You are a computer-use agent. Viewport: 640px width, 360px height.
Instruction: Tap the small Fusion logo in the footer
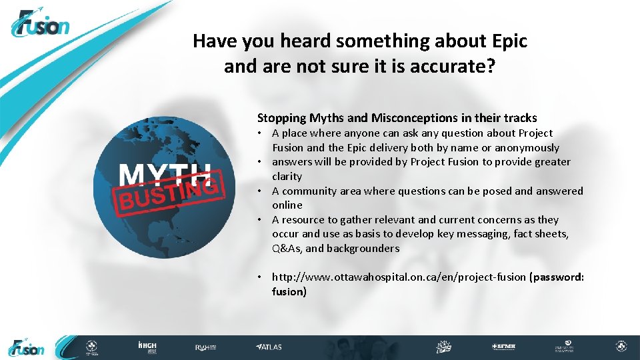[x=27, y=347]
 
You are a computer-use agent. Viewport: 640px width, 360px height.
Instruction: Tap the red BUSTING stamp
[x=169, y=194]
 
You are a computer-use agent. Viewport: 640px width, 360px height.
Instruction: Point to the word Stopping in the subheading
[x=281, y=118]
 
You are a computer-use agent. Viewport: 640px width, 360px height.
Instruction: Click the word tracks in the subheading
[x=520, y=118]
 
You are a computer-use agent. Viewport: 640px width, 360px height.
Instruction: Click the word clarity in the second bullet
[x=287, y=177]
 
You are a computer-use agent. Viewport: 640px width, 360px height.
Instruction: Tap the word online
[x=287, y=205]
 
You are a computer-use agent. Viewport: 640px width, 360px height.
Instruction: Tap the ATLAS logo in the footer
[x=269, y=347]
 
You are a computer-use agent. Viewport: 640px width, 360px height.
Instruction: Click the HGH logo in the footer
[x=147, y=347]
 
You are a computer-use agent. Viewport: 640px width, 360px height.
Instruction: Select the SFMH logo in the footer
[x=503, y=347]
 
